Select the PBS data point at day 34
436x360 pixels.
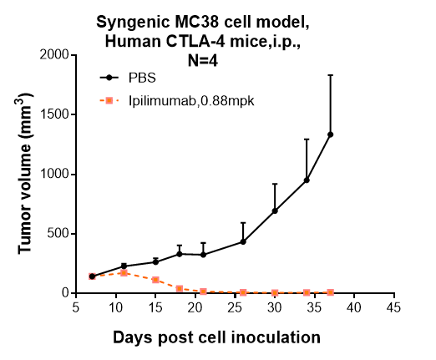(307, 180)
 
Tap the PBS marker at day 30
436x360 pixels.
(275, 210)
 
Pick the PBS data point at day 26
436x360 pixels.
(243, 241)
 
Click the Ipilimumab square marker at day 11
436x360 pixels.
(124, 272)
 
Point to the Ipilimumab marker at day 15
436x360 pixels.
(156, 280)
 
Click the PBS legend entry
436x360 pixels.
(141, 78)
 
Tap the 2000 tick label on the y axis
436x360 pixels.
(54, 55)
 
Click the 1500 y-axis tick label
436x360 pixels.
(54, 114)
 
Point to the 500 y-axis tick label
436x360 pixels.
(58, 233)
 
